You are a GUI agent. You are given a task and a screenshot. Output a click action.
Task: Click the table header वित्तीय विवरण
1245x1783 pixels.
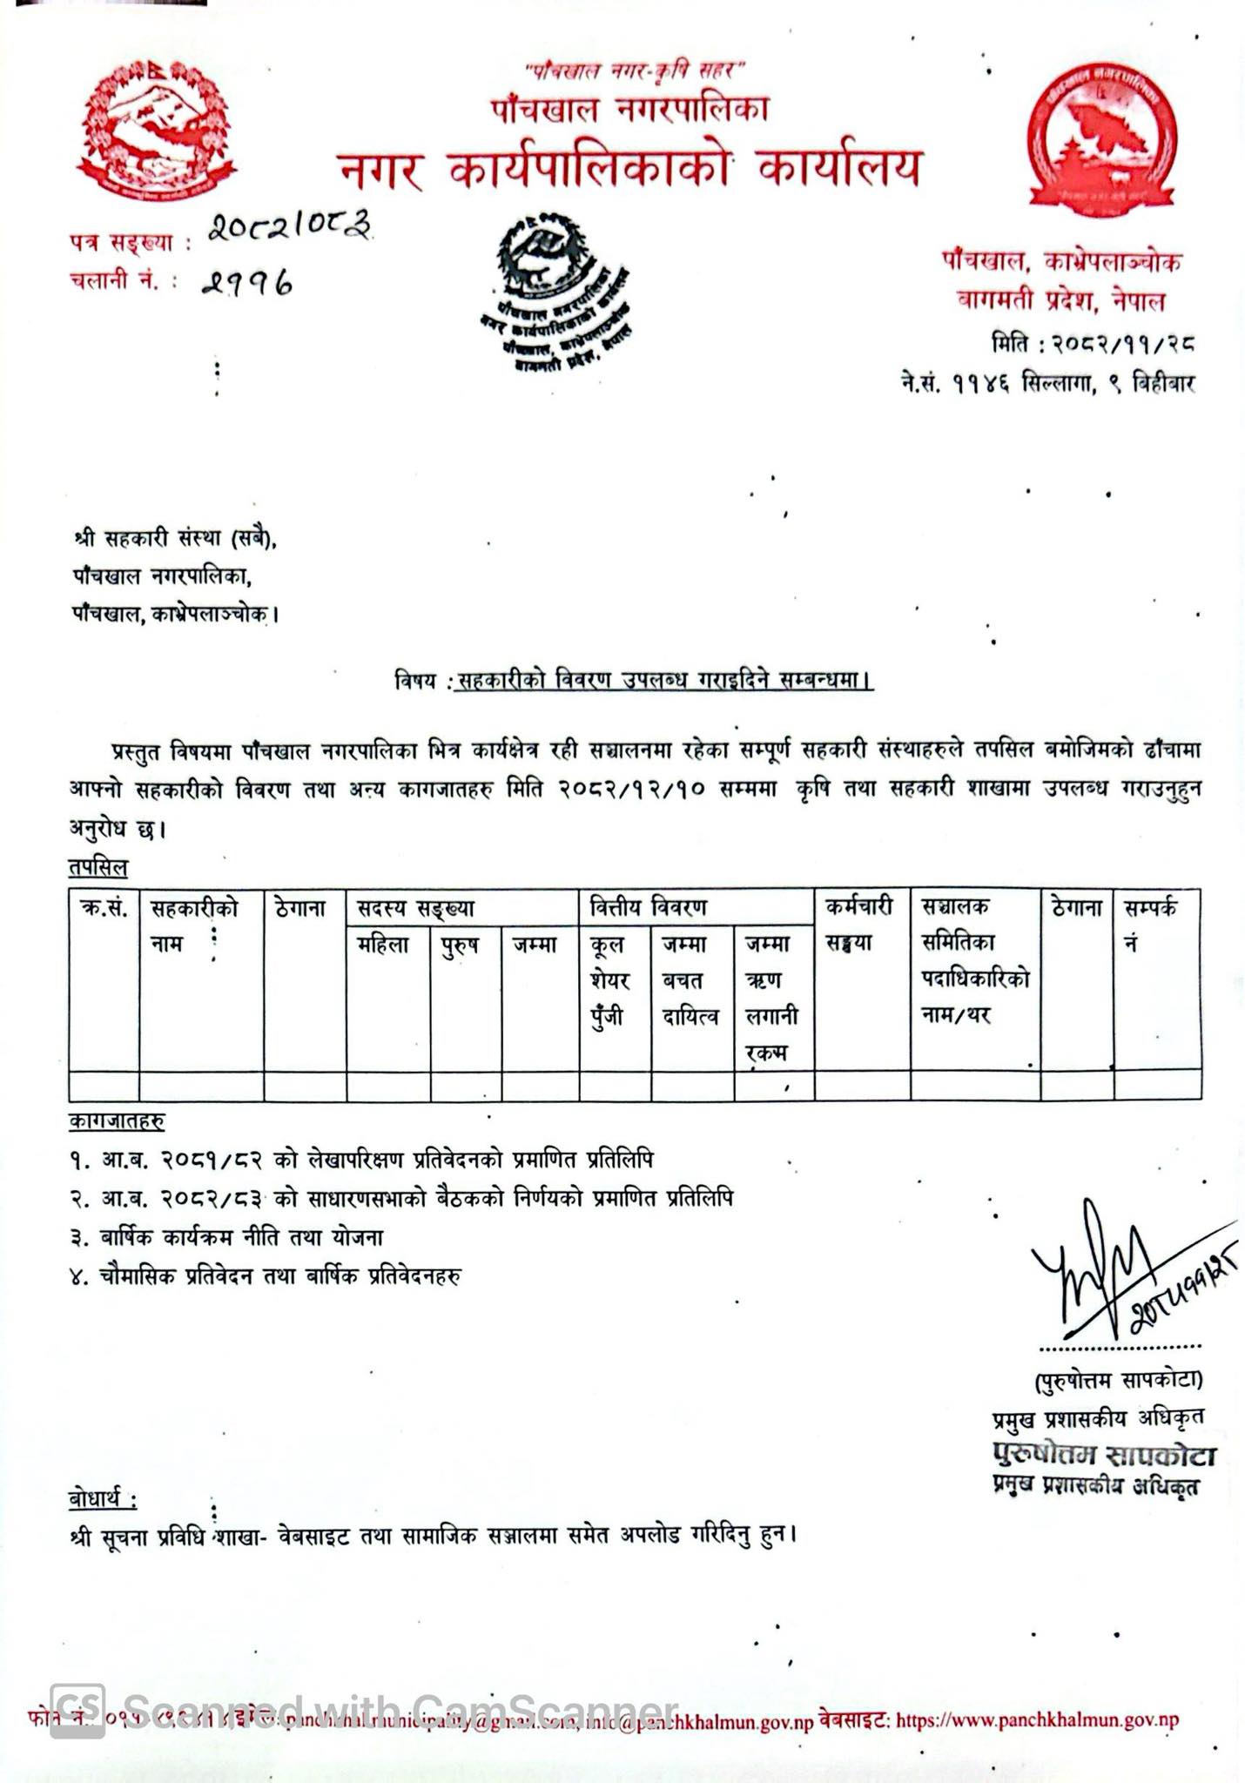point(648,907)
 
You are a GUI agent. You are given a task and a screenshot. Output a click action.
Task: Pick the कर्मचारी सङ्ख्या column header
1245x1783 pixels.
point(859,925)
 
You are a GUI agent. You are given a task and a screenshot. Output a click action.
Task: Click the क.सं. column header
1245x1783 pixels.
point(104,908)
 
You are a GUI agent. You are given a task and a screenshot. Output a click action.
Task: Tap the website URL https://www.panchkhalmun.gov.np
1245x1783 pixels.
point(1037,1719)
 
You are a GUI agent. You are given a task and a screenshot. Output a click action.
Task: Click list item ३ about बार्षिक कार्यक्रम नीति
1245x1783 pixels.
point(227,1237)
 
